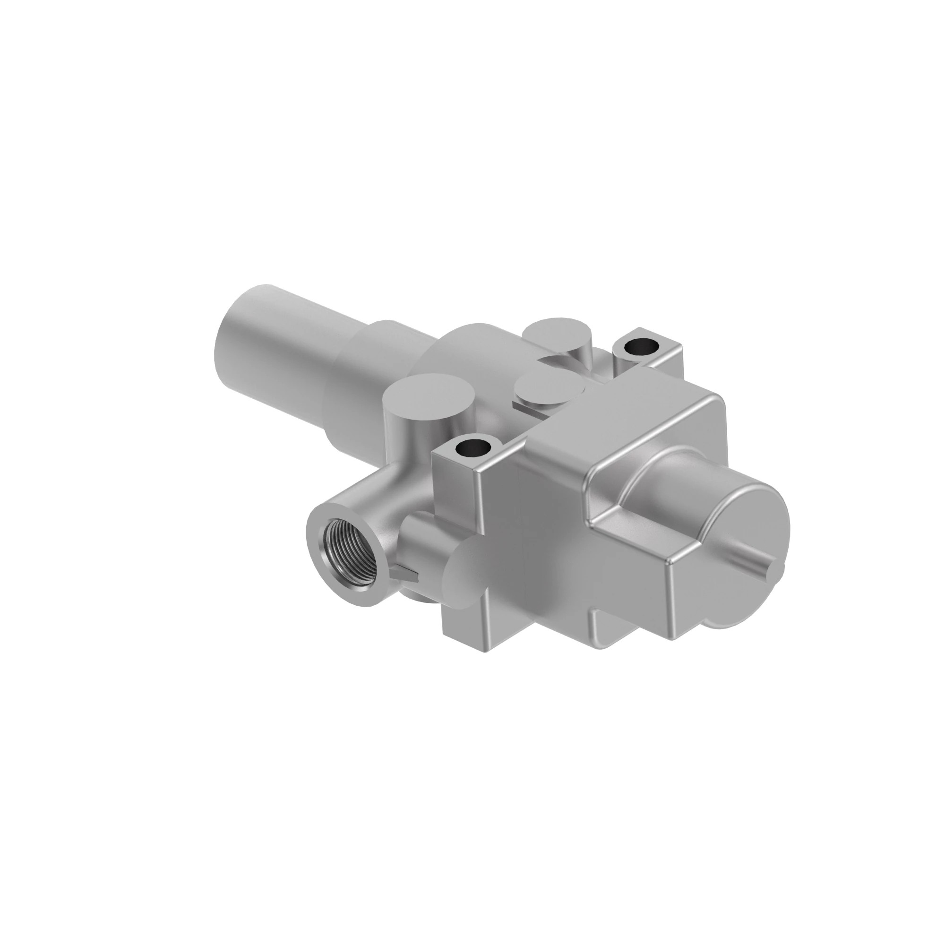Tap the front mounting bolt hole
tap(472, 447)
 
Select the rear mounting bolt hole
tap(641, 346)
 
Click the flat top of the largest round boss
tap(429, 393)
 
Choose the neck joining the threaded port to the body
tap(387, 494)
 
